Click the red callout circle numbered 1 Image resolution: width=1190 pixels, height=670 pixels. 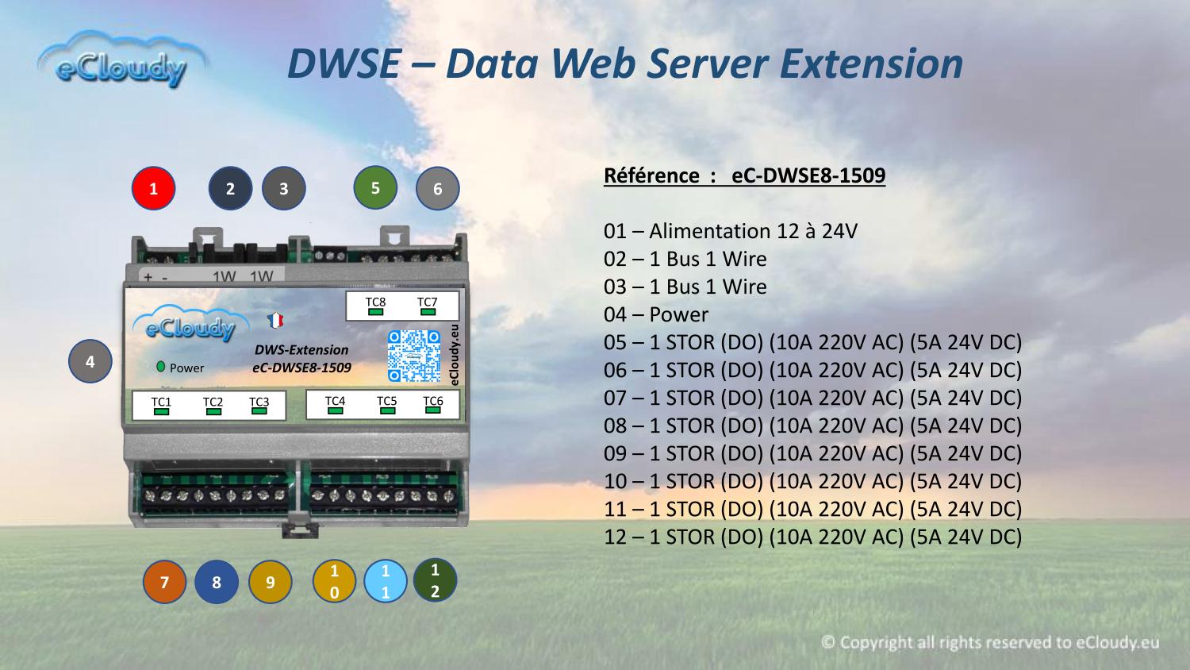coord(154,188)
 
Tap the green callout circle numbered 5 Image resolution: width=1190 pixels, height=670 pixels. coord(375,187)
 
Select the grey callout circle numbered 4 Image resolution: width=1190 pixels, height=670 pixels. coord(90,361)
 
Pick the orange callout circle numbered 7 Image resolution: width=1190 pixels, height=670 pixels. coord(165,582)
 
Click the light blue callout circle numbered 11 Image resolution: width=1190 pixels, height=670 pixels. coord(386,580)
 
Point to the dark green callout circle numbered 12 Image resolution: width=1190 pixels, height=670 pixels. coord(435,580)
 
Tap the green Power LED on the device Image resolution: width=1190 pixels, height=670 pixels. coord(160,367)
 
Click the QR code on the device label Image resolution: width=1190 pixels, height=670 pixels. coord(414,356)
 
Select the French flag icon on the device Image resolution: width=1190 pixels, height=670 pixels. coord(275,320)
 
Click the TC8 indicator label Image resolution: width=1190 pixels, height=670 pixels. coord(375,302)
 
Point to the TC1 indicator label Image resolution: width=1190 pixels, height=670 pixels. coord(161,402)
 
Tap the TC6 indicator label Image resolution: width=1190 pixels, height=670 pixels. coord(433,400)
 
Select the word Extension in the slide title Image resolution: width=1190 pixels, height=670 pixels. coord(871,64)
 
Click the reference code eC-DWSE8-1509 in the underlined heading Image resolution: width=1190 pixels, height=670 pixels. coord(808,175)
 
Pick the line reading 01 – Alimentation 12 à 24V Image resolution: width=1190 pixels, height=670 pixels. coord(731,231)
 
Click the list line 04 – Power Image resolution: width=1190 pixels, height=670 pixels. coord(656,314)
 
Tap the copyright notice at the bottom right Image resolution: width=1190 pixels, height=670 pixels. coord(990,642)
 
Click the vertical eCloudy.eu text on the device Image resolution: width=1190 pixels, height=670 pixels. coord(454,355)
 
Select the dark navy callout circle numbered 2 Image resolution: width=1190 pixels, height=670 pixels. coord(230,188)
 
